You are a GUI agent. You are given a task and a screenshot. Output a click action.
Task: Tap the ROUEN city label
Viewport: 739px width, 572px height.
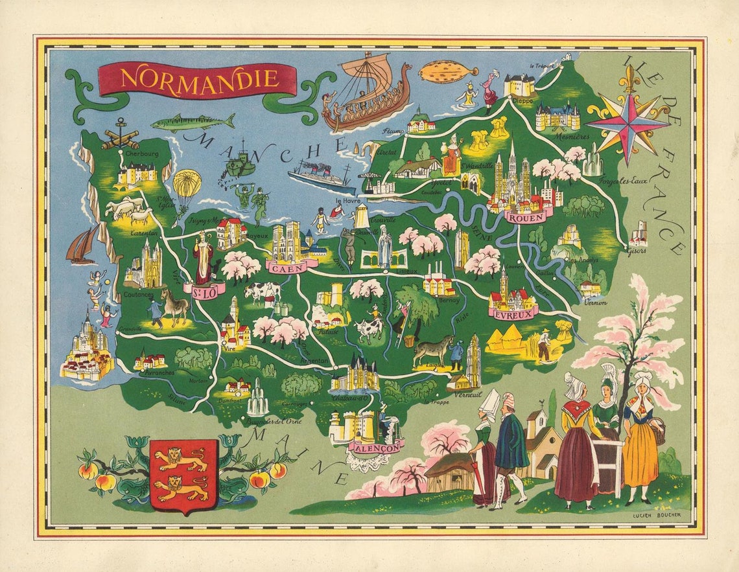click(x=526, y=218)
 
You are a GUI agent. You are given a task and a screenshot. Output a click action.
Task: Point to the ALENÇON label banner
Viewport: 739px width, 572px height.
click(x=375, y=446)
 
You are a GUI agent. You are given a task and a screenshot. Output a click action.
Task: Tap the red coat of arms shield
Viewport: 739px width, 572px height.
click(x=183, y=475)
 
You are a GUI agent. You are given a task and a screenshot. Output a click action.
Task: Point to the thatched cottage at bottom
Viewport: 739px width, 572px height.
click(x=451, y=471)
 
